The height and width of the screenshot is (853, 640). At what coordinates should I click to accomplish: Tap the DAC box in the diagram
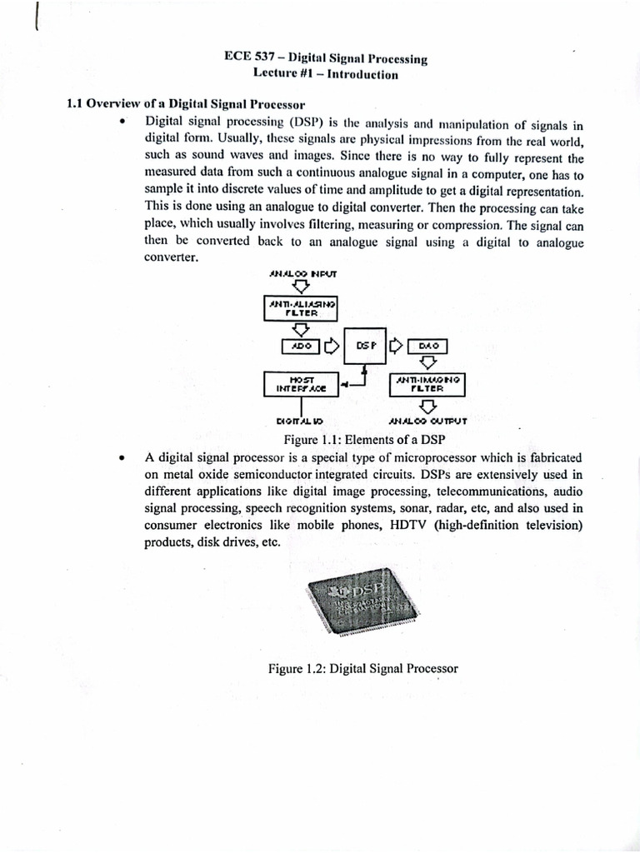click(427, 344)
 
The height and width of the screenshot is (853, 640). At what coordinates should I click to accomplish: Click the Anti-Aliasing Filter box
click(301, 309)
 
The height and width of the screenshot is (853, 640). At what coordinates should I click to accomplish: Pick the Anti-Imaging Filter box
click(427, 384)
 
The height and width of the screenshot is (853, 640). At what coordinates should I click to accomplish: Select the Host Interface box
click(300, 384)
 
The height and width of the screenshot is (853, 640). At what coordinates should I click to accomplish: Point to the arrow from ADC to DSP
click(331, 344)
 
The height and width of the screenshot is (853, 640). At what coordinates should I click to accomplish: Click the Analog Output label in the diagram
click(427, 422)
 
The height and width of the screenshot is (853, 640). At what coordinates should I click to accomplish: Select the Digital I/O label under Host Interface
click(299, 422)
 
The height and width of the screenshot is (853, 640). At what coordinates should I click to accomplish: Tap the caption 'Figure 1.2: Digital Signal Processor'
click(362, 668)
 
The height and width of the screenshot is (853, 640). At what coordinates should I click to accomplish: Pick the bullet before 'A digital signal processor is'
click(122, 458)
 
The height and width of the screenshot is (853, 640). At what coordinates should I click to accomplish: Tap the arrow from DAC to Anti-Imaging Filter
click(427, 363)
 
